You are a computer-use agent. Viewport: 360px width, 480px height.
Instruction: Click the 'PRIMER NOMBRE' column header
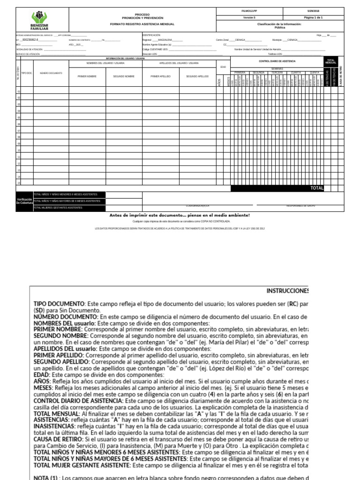[88, 76]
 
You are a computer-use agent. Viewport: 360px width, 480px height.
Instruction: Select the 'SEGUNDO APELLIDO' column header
[197, 76]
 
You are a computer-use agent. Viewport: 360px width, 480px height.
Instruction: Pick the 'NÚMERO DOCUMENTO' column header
[51, 74]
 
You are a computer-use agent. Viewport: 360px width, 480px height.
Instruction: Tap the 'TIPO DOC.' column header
[27, 74]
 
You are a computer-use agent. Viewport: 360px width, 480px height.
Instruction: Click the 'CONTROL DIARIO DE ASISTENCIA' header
[277, 61]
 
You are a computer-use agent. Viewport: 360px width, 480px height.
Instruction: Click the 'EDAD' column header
[223, 67]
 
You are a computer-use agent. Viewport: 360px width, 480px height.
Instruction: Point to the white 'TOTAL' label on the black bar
[317, 188]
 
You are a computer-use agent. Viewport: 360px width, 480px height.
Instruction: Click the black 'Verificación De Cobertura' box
[24, 201]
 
